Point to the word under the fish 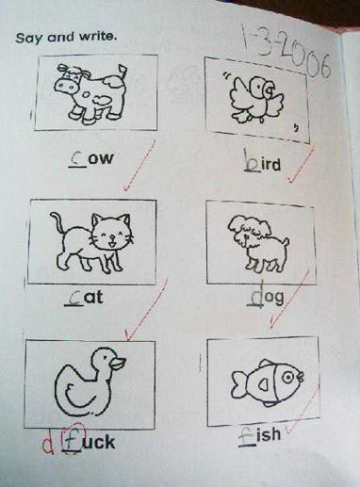pyautogui.click(x=259, y=436)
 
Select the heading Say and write pyautogui.click(x=65, y=38)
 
